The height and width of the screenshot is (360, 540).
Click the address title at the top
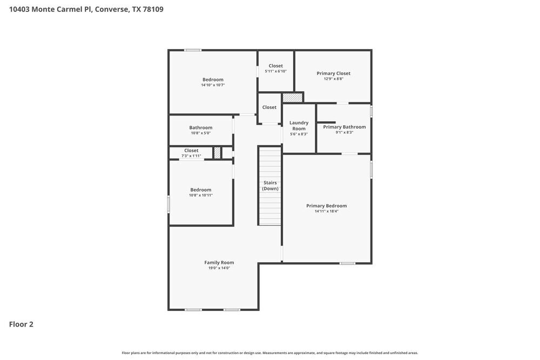pyautogui.click(x=86, y=9)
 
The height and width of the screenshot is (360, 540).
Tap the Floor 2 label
pyautogui.click(x=21, y=324)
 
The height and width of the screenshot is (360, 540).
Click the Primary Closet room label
pyautogui.click(x=333, y=73)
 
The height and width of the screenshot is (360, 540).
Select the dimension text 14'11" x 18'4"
pyautogui.click(x=326, y=211)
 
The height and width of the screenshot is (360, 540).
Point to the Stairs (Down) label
pyautogui.click(x=270, y=186)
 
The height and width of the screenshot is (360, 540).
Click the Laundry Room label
pyautogui.click(x=299, y=126)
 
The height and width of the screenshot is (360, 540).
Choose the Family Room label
pyautogui.click(x=219, y=262)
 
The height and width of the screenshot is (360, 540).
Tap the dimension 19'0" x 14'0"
pyautogui.click(x=219, y=268)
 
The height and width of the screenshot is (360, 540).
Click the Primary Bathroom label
pyautogui.click(x=344, y=127)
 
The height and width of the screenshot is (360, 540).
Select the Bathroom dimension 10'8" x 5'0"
pyautogui.click(x=200, y=133)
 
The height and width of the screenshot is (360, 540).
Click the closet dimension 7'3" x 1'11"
pyautogui.click(x=191, y=156)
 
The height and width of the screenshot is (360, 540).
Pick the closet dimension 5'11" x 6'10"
pyautogui.click(x=275, y=71)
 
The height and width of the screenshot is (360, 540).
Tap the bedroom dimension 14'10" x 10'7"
pyautogui.click(x=213, y=85)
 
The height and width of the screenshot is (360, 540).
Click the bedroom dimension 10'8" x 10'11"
pyautogui.click(x=200, y=195)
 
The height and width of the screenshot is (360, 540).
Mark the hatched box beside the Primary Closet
pyautogui.click(x=293, y=98)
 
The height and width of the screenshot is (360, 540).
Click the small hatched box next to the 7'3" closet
pyautogui.click(x=217, y=153)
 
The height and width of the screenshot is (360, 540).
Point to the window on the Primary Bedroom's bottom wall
pyautogui.click(x=347, y=263)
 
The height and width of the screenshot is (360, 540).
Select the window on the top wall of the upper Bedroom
pyautogui.click(x=193, y=50)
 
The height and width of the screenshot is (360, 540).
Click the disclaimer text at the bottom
pyautogui.click(x=269, y=353)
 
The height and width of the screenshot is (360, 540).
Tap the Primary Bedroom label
pyautogui.click(x=326, y=206)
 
